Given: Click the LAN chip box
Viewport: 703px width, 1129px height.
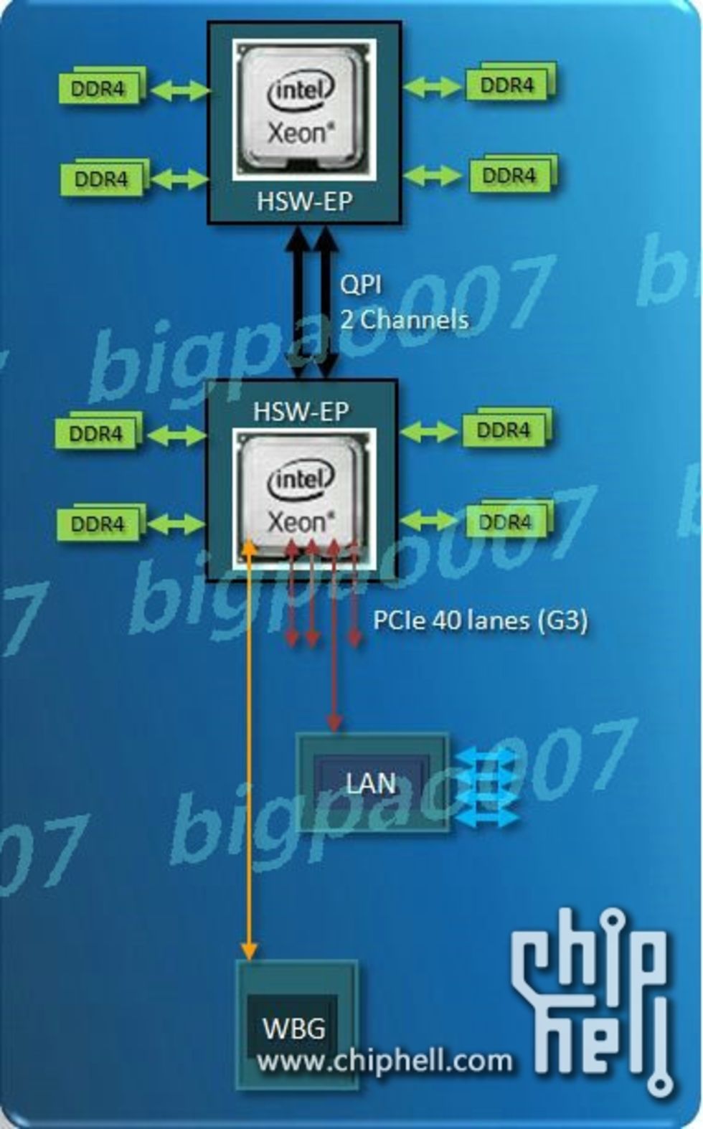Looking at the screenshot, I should coord(371,782).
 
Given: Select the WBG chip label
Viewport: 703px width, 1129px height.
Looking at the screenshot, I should coord(293,1027).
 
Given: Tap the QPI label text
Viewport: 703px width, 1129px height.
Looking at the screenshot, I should coord(361,284).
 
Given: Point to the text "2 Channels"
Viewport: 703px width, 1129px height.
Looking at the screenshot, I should coord(404,319).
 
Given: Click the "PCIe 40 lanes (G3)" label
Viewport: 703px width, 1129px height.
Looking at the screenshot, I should coord(480,620).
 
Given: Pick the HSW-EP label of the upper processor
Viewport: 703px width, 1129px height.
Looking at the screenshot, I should coord(305,202).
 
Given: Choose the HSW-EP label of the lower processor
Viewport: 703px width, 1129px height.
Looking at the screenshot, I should coord(301,412).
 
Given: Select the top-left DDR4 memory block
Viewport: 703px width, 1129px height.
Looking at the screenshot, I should coord(99,88).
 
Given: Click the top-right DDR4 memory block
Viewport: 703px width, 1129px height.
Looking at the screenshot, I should coord(508,85).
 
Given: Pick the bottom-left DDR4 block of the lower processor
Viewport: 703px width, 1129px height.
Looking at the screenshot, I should coord(98,524).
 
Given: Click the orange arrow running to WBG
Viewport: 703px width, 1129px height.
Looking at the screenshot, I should coord(248,753).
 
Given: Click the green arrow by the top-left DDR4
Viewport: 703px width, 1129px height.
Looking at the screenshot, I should coord(179,90).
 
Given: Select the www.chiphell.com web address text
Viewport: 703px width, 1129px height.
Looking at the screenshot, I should coord(384,1061).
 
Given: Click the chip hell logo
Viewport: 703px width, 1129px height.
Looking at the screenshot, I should coord(595,997).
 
